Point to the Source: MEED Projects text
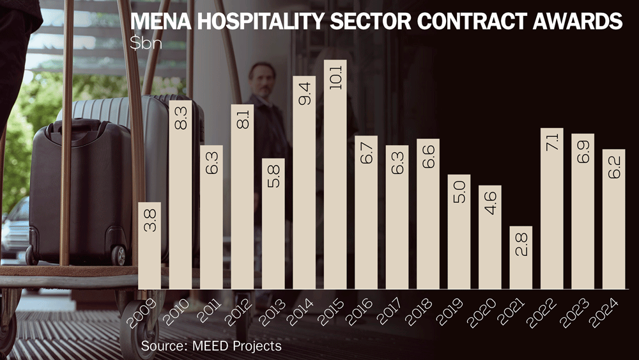tap(211, 346)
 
